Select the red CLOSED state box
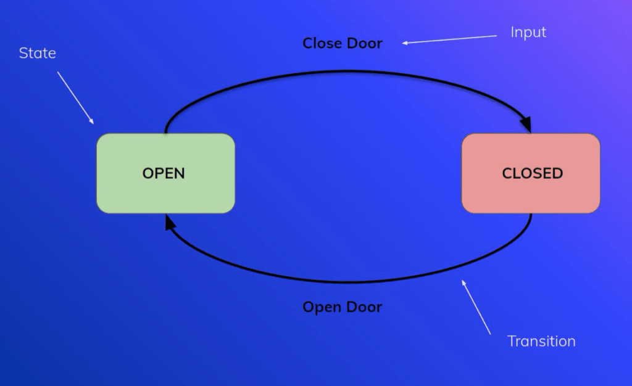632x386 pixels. pos(531,194)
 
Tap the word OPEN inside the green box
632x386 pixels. pos(164,173)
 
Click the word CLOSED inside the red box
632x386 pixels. pos(532,173)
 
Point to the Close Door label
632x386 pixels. pos(342,43)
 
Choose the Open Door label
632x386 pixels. pos(342,306)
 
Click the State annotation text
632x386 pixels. pos(38,53)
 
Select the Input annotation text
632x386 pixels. pos(528,32)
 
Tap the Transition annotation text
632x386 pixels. pos(541,341)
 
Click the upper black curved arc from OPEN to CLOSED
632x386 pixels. pos(346,72)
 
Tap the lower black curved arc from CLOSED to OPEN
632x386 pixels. pos(346,282)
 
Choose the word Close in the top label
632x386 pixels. pos(322,43)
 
